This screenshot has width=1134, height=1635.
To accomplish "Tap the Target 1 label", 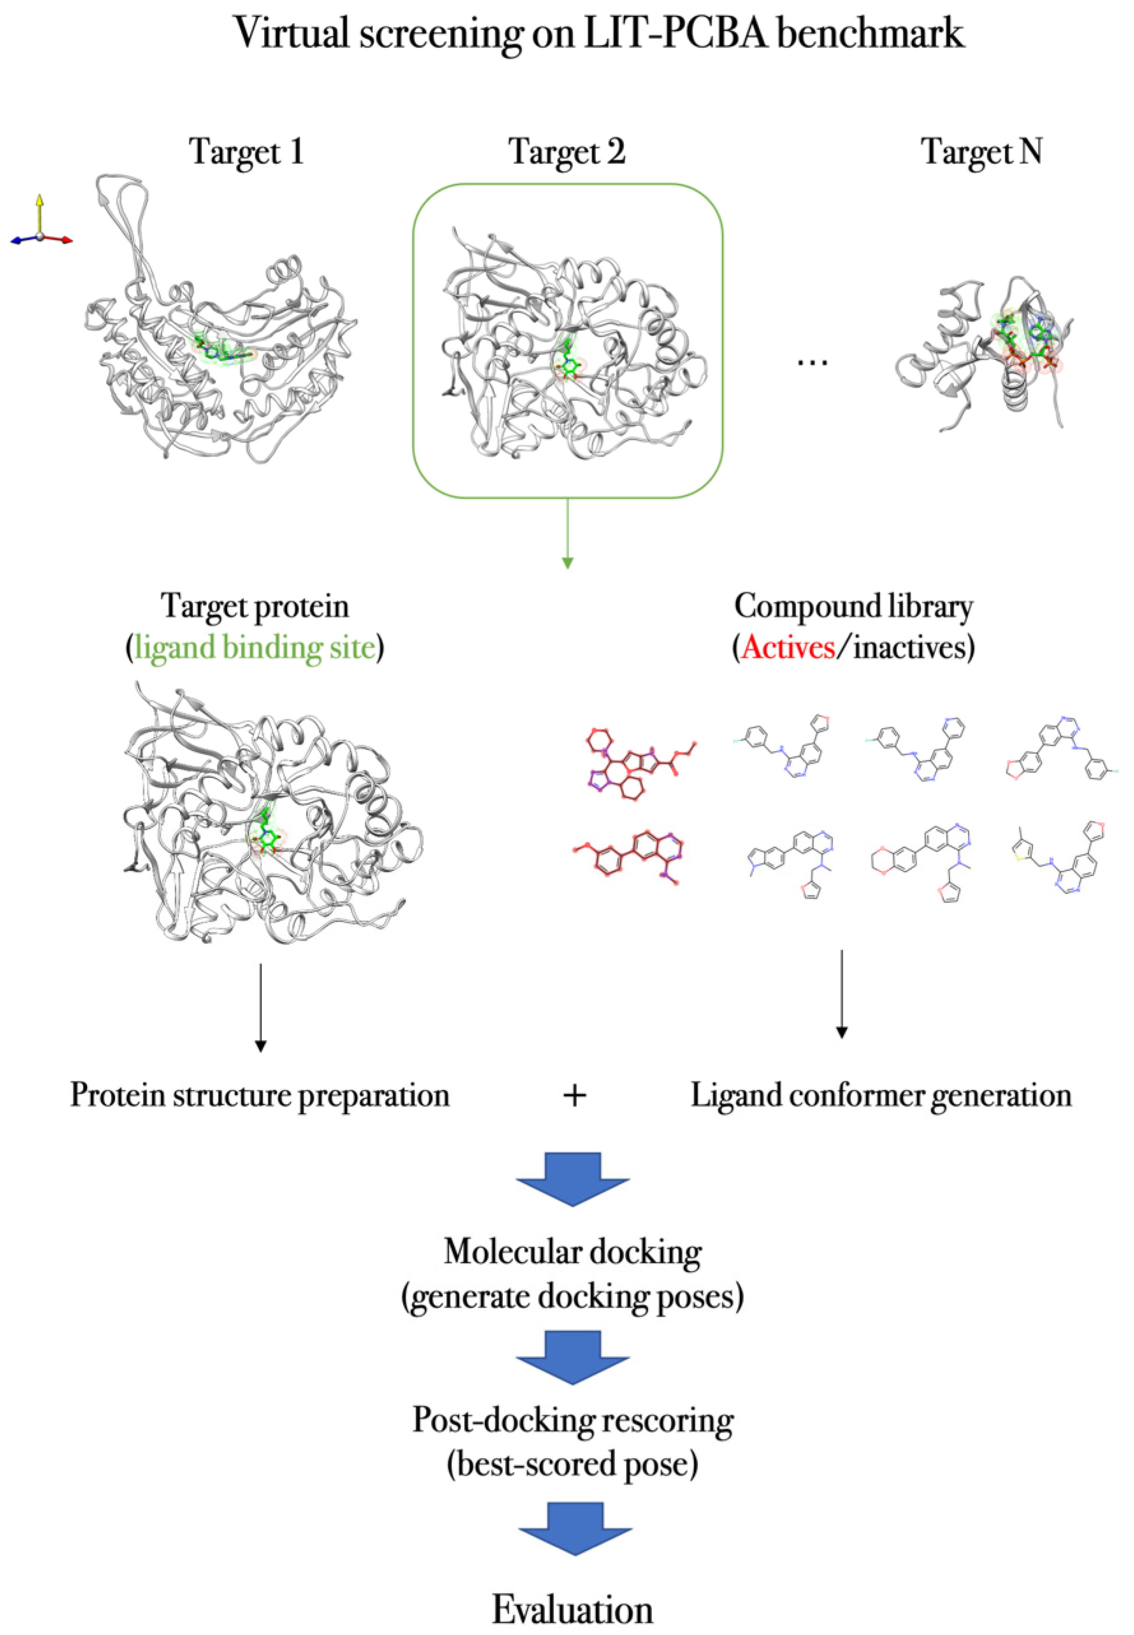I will pyautogui.click(x=246, y=151).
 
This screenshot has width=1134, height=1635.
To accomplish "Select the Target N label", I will pyautogui.click(x=981, y=151).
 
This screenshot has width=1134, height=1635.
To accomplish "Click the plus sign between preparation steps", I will pyautogui.click(x=574, y=1095).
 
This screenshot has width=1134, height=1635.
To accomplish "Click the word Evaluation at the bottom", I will pyautogui.click(x=573, y=1609).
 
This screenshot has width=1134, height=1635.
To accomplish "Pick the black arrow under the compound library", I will pyautogui.click(x=841, y=994).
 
